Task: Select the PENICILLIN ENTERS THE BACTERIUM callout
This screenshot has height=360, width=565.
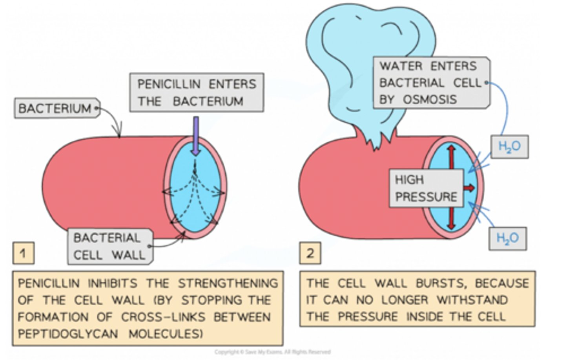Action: click(196, 93)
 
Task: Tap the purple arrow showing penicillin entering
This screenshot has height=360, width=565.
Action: click(196, 135)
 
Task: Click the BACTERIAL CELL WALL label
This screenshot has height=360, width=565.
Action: click(109, 246)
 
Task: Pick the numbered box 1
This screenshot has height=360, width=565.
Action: click(23, 253)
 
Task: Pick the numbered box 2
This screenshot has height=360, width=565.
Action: click(310, 253)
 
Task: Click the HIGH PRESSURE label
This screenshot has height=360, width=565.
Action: click(426, 188)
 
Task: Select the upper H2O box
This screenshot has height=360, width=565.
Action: click(509, 147)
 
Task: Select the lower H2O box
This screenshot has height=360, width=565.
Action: click(507, 238)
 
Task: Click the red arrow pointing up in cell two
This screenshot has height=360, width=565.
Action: click(451, 157)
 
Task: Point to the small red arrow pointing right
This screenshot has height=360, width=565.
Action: click(469, 188)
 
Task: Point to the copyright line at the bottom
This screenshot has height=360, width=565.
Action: click(272, 352)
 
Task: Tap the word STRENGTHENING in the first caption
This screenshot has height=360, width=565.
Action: click(228, 283)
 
